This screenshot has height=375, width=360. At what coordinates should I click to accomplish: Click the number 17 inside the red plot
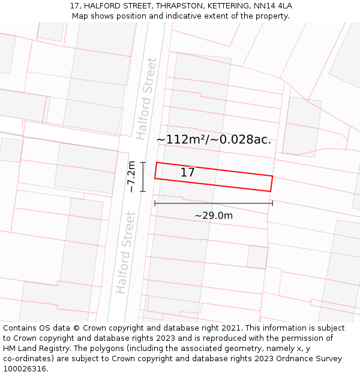click(x=187, y=173)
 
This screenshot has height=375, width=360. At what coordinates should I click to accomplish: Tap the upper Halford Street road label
click(x=146, y=98)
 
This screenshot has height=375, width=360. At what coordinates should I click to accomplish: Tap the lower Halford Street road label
click(x=125, y=252)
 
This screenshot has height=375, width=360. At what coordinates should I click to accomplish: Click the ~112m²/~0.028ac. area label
click(x=214, y=140)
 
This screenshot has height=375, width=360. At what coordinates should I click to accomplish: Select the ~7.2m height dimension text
click(x=131, y=177)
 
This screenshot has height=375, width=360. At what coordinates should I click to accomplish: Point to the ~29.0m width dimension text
click(x=213, y=215)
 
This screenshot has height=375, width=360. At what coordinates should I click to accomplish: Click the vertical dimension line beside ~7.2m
click(x=143, y=177)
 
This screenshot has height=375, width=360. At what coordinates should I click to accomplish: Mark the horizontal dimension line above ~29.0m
click(x=214, y=203)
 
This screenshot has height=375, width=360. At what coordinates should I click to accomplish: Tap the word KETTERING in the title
click(x=225, y=6)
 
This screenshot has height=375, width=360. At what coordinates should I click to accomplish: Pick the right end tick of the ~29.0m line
click(x=272, y=203)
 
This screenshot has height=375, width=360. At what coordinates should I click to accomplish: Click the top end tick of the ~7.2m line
click(x=143, y=163)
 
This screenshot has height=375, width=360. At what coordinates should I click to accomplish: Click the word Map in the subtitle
click(x=80, y=16)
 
